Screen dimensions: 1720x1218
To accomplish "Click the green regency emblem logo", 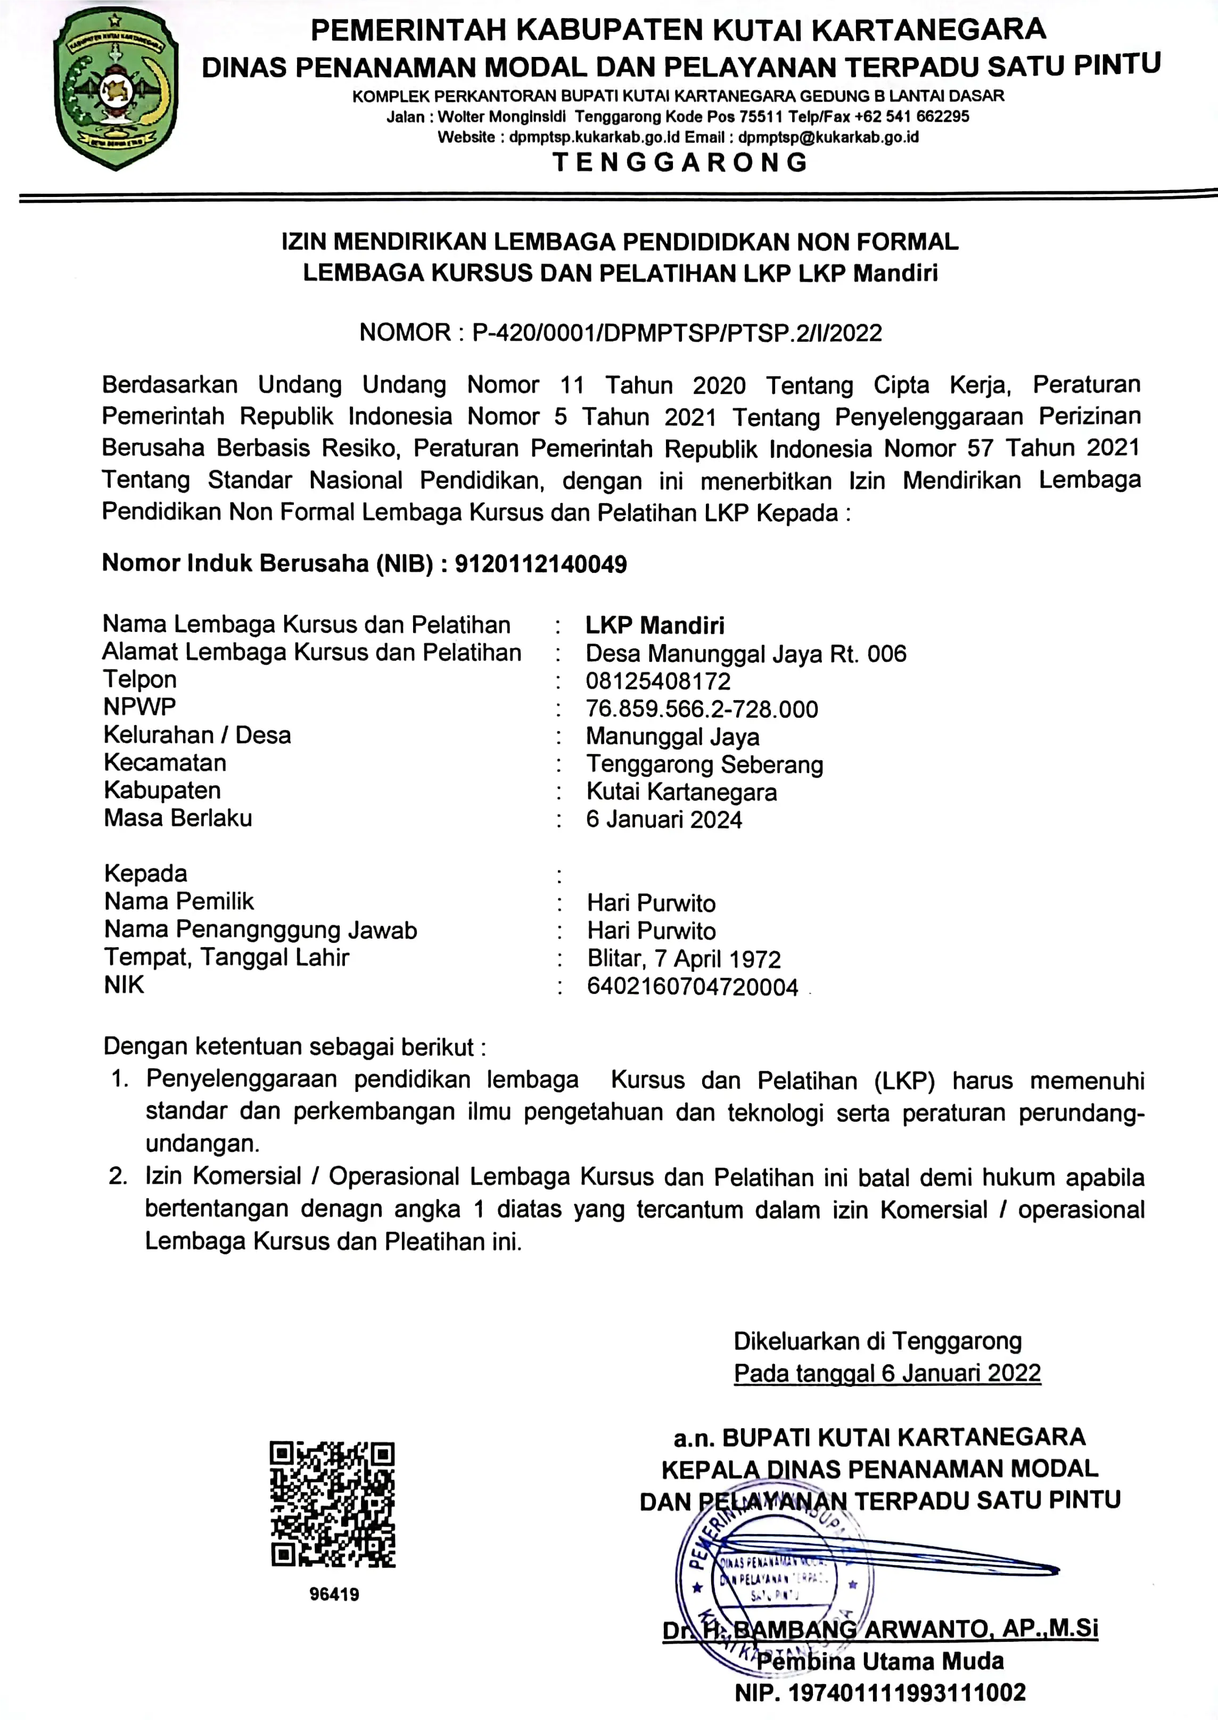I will tap(116, 88).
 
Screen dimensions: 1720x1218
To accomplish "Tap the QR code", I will tap(332, 1504).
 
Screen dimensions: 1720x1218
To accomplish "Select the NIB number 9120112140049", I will tap(541, 564).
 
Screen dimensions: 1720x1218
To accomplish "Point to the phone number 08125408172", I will tap(658, 681).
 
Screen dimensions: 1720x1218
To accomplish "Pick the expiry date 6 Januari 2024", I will tap(664, 819).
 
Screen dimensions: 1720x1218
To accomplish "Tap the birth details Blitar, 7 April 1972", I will tap(683, 959).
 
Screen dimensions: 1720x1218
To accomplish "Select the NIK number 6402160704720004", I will tap(692, 987).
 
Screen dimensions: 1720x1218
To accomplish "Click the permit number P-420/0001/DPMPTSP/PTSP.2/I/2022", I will tap(677, 332).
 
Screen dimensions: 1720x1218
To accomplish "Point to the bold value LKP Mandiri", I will tap(655, 626).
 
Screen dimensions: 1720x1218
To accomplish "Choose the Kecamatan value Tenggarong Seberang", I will tap(704, 765).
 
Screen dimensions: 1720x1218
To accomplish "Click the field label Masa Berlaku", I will tap(178, 818).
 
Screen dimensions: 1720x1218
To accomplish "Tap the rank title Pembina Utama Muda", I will tap(880, 1661).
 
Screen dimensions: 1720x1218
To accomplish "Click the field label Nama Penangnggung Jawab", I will tap(260, 929).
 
